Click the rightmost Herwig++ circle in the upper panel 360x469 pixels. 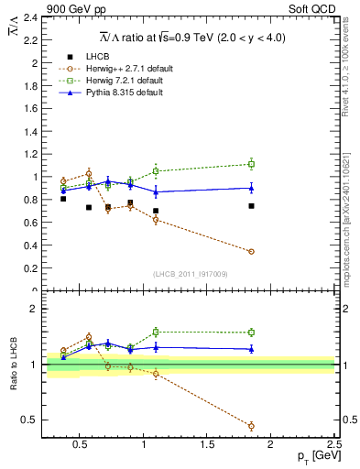tap(251, 251)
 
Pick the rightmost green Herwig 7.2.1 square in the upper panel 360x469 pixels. tap(251, 164)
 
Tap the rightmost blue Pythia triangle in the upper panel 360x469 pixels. tap(251, 188)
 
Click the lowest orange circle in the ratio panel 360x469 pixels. tap(251, 426)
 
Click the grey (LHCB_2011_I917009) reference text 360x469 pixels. tap(190, 274)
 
